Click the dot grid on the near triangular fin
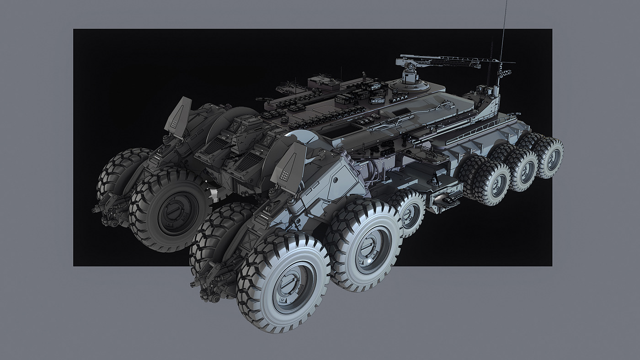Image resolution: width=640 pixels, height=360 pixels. coord(284,175)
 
